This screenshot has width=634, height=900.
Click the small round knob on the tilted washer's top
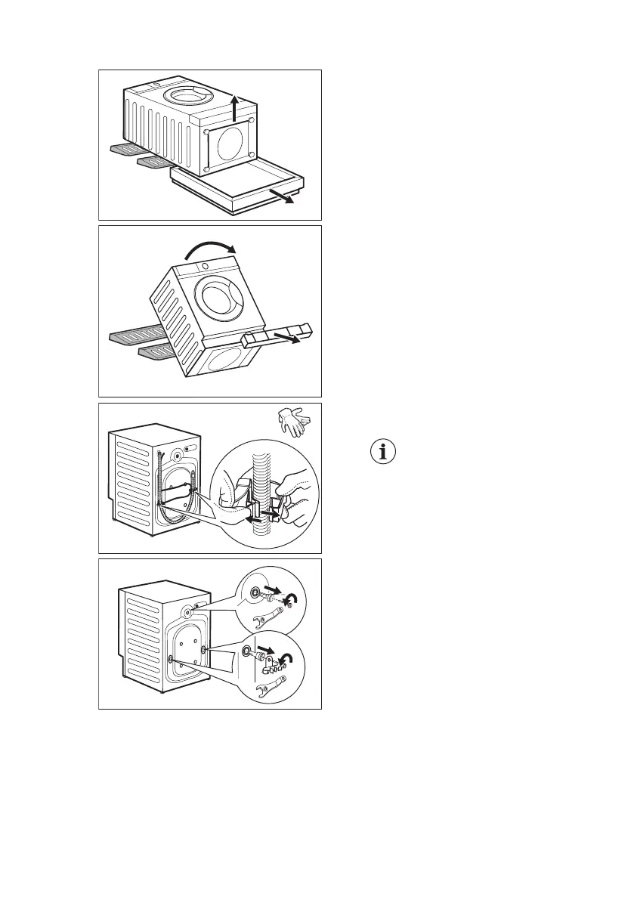click(x=205, y=268)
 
